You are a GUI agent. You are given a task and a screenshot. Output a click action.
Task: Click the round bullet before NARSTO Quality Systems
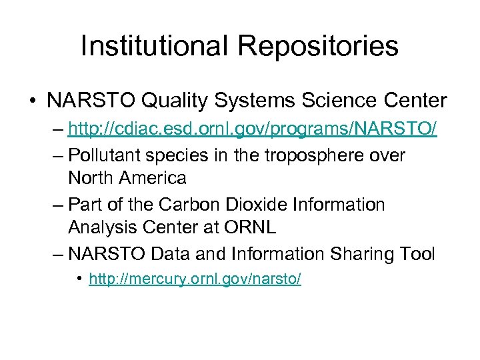(32, 101)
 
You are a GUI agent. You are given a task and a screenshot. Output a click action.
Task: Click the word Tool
(415, 253)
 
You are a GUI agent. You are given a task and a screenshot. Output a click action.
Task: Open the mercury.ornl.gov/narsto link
(195, 279)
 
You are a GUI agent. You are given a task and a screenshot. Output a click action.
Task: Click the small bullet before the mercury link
(80, 279)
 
